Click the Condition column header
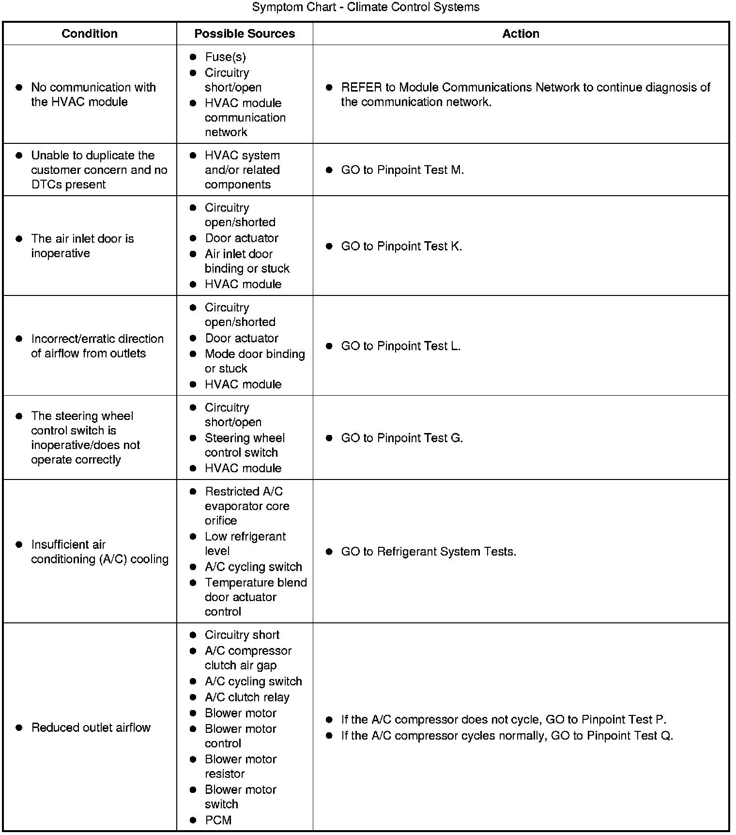coord(90,33)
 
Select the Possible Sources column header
coord(245,33)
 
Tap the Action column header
coord(521,33)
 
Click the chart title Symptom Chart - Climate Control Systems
coord(366,7)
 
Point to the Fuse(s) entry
coord(225,57)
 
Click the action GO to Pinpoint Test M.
coord(402,170)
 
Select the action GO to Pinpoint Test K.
coord(401,246)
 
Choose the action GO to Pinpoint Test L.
coord(400,346)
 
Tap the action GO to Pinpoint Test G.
coord(402,438)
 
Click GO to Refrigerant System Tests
coord(429,552)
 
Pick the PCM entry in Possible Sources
coord(218,820)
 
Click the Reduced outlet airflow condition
coord(91,727)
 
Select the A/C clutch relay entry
coord(247,697)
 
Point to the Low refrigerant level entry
coord(245,543)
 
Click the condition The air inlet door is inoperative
coord(82,246)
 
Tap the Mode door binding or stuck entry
coord(255,361)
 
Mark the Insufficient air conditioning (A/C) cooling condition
coord(99,552)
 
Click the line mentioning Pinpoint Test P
coord(504,719)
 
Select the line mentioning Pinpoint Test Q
coord(507,736)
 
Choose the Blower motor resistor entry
coord(240,766)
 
